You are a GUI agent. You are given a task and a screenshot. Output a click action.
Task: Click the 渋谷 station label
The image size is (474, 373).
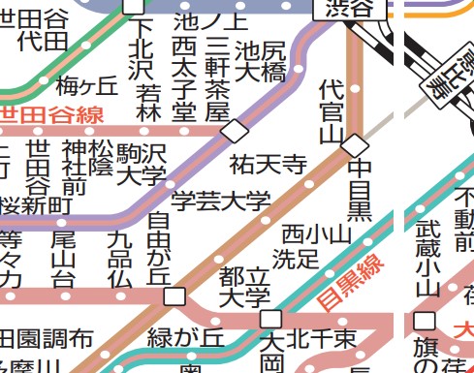click(x=346, y=7)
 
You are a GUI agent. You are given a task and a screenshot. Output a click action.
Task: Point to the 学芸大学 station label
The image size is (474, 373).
click(x=220, y=202)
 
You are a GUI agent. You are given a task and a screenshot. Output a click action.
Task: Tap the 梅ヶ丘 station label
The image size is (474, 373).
click(x=87, y=85)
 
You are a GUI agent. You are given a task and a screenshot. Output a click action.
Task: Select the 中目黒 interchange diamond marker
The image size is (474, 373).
click(x=356, y=145)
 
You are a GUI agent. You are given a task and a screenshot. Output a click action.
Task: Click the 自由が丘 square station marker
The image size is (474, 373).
click(x=174, y=295)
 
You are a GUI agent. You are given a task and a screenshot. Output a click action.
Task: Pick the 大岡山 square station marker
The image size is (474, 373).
click(x=271, y=319)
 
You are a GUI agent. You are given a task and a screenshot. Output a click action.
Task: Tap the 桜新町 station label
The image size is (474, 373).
click(x=36, y=205)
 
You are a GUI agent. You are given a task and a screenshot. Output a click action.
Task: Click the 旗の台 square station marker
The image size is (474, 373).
click(x=424, y=321)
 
